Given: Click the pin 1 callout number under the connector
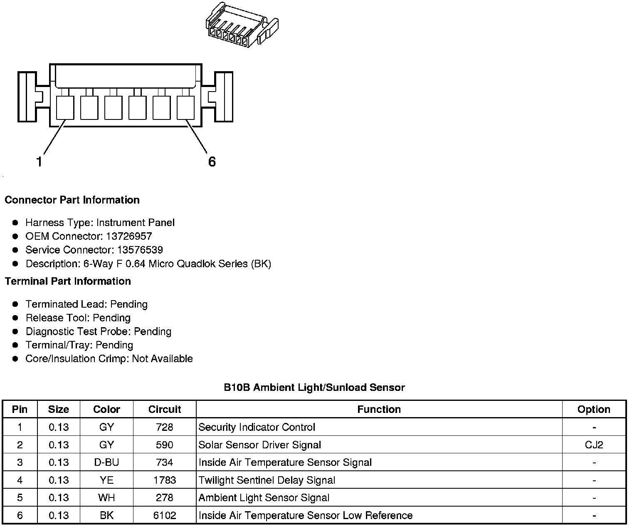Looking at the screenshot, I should tap(39, 162).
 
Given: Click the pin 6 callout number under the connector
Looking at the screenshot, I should tap(212, 162).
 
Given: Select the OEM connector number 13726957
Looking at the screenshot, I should tap(129, 236).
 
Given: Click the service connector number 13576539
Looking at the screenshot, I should tap(140, 250).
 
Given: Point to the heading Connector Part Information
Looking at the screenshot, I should tap(72, 200).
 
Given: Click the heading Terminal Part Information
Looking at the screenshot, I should tap(68, 281).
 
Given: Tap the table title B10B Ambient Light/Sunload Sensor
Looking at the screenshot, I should tap(314, 388).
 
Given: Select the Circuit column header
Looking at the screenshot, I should tap(165, 410).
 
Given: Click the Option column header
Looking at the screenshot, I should tap(594, 410).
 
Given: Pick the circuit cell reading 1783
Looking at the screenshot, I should tap(165, 480).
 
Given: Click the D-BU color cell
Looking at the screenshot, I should tap(106, 462).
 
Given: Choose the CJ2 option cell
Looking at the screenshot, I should tap(594, 445).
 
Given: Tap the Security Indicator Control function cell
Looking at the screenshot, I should tap(257, 428).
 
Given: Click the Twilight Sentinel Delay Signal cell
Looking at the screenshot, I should tap(267, 480).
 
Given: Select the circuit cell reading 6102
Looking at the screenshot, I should tap(165, 516).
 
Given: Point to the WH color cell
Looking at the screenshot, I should tap(106, 498).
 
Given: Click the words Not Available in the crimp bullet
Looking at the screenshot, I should tap(162, 359).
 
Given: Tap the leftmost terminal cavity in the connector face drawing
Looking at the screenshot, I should tap(65, 107).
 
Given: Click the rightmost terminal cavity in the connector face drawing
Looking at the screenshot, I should tap(186, 107).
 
